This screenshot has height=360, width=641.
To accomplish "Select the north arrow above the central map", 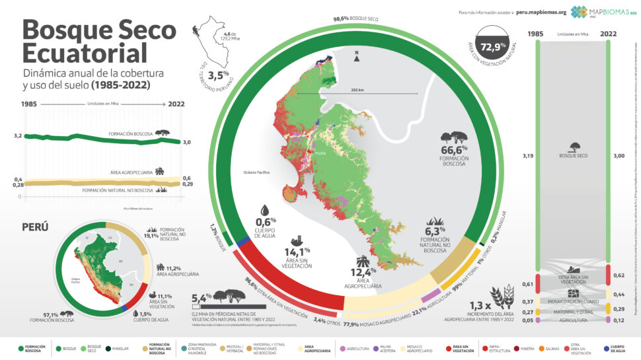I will (x=358, y=57).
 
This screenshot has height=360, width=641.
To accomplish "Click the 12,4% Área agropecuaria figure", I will (x=366, y=271).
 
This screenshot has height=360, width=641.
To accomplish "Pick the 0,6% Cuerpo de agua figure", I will (x=267, y=220).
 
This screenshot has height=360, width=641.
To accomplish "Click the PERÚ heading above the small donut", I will (x=35, y=227).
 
